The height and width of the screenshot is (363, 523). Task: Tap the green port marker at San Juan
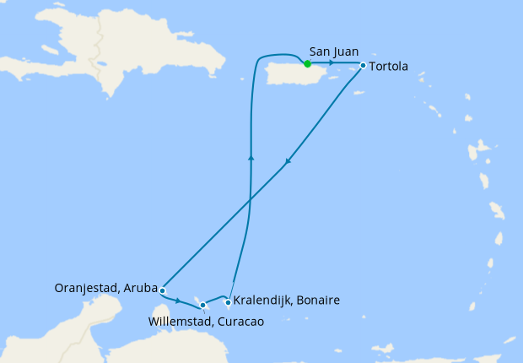[x=307, y=63]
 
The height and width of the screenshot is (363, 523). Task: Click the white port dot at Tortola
[x=363, y=65]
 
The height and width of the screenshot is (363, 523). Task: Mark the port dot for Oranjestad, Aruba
[x=162, y=290]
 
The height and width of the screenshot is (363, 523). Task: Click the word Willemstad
[x=180, y=321]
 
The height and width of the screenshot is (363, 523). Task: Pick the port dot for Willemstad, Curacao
[x=202, y=305]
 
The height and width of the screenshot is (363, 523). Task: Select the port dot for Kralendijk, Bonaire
[x=229, y=301]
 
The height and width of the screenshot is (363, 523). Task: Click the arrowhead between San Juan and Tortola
[x=332, y=63]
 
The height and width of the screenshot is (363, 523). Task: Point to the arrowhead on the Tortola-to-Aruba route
[x=288, y=162]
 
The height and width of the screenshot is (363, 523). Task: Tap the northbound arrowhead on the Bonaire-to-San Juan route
[x=250, y=156]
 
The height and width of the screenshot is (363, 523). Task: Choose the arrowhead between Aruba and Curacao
[x=178, y=300]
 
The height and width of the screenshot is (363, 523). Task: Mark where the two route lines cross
[x=249, y=201]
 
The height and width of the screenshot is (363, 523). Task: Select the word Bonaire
[x=320, y=301]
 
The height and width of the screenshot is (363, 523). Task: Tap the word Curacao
[x=240, y=321]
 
